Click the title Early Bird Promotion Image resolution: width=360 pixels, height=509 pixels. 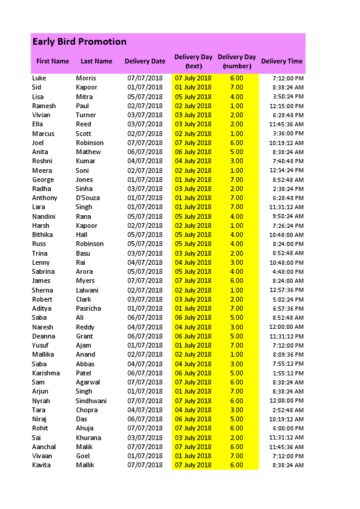(79, 42)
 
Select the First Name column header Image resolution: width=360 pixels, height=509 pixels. (53, 61)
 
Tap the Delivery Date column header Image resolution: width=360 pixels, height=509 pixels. (145, 61)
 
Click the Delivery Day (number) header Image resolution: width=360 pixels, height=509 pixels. (237, 61)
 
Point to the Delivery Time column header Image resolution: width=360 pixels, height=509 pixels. (282, 61)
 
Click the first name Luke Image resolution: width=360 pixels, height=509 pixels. (39, 78)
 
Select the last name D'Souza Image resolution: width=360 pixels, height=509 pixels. (88, 198)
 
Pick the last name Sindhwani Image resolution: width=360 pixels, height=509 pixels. (91, 401)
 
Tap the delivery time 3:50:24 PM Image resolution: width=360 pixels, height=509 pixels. (288, 97)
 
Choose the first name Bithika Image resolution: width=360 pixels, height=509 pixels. (42, 235)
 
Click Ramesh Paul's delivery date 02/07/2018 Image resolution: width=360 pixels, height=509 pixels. (145, 106)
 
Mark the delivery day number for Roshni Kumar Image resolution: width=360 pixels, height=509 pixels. (237, 161)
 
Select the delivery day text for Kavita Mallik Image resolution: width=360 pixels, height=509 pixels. (193, 465)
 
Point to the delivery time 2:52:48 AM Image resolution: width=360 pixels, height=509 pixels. (288, 410)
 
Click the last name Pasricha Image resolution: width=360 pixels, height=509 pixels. (88, 308)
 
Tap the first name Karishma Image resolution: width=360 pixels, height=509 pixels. (46, 373)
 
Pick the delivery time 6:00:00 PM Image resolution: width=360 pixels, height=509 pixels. (288, 428)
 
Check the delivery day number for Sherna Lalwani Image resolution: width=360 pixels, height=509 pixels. (237, 290)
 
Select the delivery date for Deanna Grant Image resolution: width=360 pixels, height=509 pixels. (145, 336)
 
